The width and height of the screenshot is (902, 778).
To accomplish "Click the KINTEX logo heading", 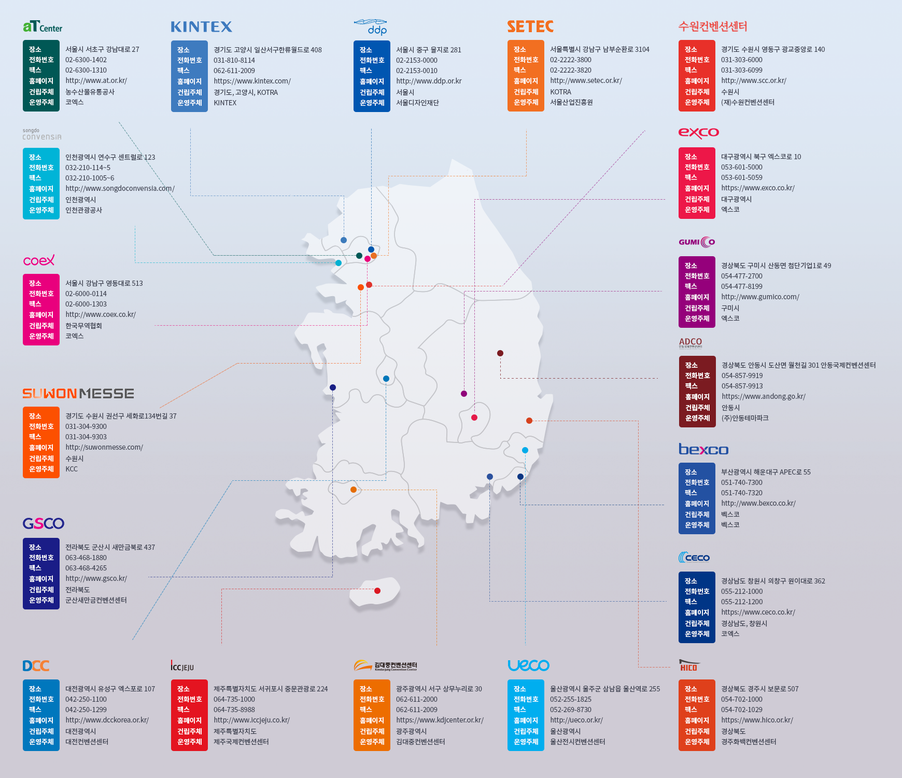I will click(x=201, y=27).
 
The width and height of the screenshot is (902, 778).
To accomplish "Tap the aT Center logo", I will click(x=43, y=26).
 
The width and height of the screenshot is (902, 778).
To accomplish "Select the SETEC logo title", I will click(x=530, y=26).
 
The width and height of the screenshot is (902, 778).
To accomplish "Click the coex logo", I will click(x=39, y=260).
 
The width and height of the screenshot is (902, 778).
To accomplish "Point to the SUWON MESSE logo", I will click(x=78, y=394).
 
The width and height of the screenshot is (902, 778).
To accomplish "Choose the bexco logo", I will click(x=703, y=449).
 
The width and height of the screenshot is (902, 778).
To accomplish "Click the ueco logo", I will click(x=528, y=665).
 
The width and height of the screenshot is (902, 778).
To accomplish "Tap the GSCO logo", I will click(x=44, y=523).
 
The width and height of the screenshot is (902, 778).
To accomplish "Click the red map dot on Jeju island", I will click(x=377, y=591).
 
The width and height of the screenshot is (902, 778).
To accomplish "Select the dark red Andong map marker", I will click(x=500, y=353).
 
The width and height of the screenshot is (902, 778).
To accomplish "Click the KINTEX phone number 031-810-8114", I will click(x=234, y=60).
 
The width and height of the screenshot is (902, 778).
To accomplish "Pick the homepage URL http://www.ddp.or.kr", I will click(x=429, y=81).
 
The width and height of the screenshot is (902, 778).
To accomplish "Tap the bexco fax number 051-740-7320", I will click(x=741, y=493).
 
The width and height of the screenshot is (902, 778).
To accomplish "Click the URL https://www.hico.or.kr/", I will click(x=757, y=720).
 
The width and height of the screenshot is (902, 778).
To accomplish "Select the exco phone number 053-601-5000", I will click(x=741, y=167).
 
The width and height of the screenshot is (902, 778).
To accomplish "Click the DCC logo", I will click(x=36, y=666).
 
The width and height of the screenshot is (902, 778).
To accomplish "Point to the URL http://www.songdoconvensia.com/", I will click(x=120, y=188).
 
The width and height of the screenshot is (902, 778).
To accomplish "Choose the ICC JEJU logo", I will click(x=182, y=666).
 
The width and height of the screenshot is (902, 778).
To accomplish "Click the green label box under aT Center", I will click(x=41, y=76).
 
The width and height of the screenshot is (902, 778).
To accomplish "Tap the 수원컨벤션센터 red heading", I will click(x=713, y=26).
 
